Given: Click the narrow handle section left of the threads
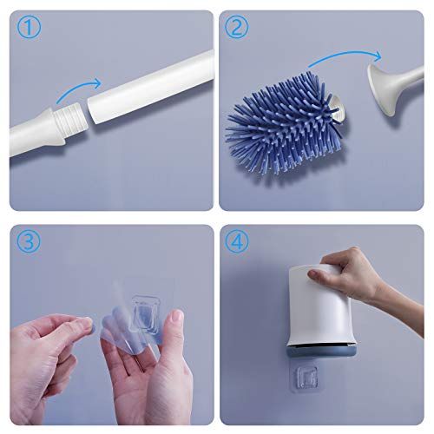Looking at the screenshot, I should pos(30,130).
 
